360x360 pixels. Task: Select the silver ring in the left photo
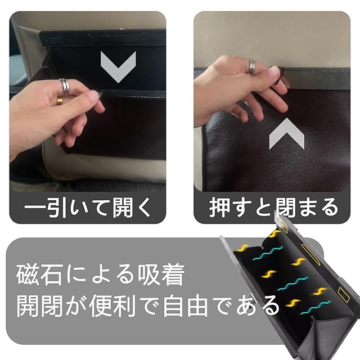[65, 86]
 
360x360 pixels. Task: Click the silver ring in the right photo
[251, 67]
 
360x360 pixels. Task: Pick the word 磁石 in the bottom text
[39, 275]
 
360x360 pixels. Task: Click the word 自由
[186, 306]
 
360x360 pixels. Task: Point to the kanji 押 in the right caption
[219, 208]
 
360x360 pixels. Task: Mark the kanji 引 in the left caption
[56, 208]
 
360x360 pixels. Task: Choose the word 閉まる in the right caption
[307, 208]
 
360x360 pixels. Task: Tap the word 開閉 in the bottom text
[39, 306]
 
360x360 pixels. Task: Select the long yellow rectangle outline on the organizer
[310, 254]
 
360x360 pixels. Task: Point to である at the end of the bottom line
[247, 306]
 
